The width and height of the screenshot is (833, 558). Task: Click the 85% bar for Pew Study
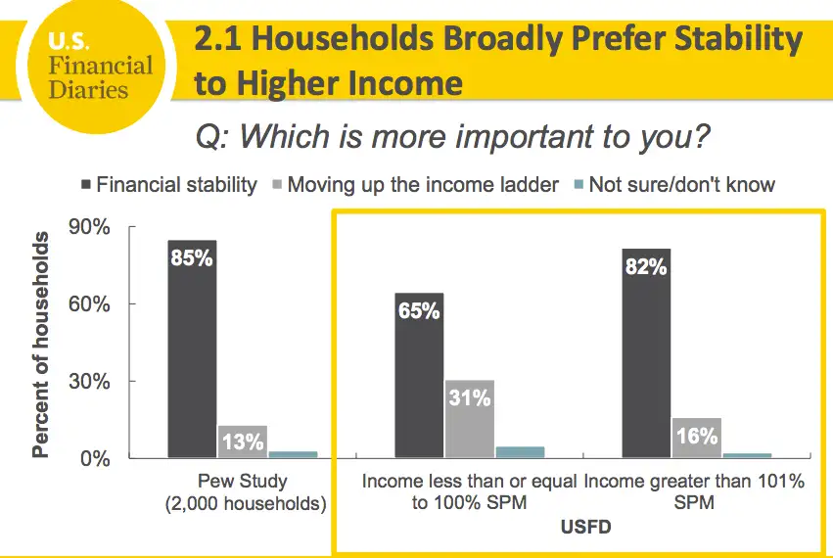point(192,349)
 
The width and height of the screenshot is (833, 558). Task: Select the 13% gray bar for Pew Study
point(242,442)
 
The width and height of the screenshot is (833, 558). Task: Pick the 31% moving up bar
point(469,419)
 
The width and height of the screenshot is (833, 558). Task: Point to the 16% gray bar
point(696,437)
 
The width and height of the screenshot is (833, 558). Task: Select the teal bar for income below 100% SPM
point(520,452)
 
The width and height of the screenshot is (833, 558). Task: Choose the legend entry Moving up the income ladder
point(422,184)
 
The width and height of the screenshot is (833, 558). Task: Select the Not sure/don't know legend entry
point(681,184)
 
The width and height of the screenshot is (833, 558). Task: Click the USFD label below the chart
point(586,529)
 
